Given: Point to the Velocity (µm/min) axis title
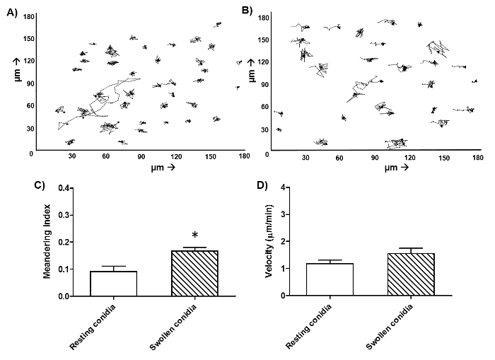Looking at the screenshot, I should coord(269,241).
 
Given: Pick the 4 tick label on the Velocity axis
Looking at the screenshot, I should coord(283,189).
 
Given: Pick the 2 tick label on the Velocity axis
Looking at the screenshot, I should coord(283,243).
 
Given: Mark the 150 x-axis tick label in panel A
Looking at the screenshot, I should coord(210,158).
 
